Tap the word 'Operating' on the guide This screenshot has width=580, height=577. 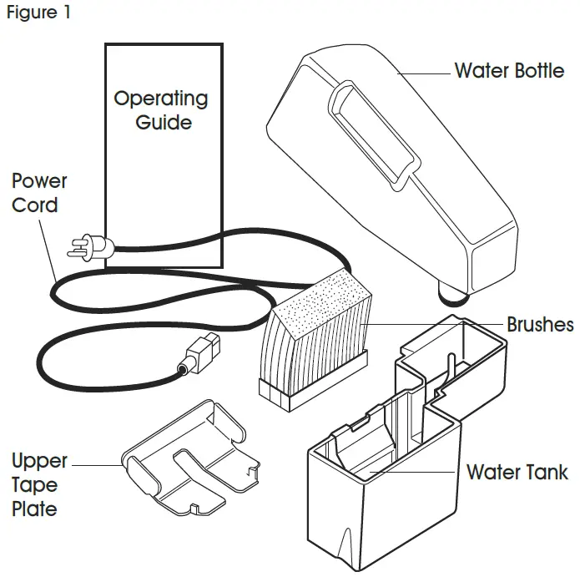coord(161,99)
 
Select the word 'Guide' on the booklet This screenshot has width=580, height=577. coord(164,123)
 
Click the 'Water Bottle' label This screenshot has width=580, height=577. coord(509,70)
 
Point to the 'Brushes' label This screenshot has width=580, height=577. coord(540,324)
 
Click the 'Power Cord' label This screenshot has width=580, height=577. coord(39,192)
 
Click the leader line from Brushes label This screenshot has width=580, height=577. coord(434,325)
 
